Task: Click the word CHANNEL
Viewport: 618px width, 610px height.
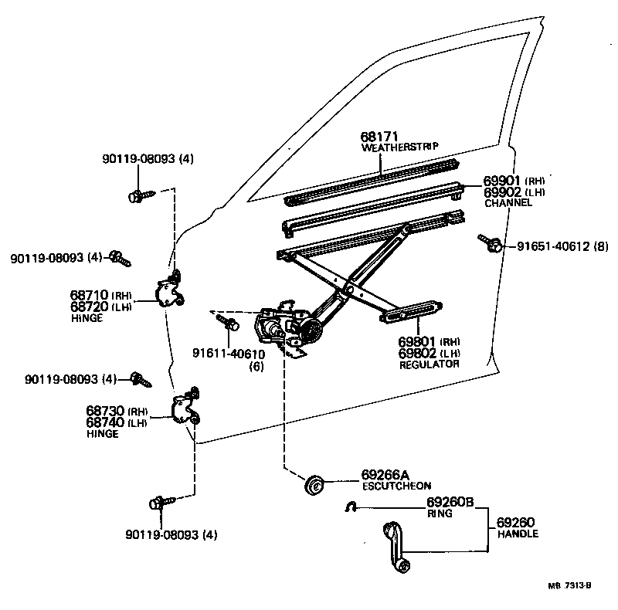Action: pos(508,203)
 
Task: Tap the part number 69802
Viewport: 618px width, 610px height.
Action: pos(418,352)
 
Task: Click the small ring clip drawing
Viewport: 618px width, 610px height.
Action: pos(349,507)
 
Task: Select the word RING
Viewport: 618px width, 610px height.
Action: pos(439,512)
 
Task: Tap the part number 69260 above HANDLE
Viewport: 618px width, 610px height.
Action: pos(515,523)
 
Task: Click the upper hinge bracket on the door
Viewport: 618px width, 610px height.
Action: pos(170,292)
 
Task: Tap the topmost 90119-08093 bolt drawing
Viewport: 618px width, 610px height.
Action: pos(139,195)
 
